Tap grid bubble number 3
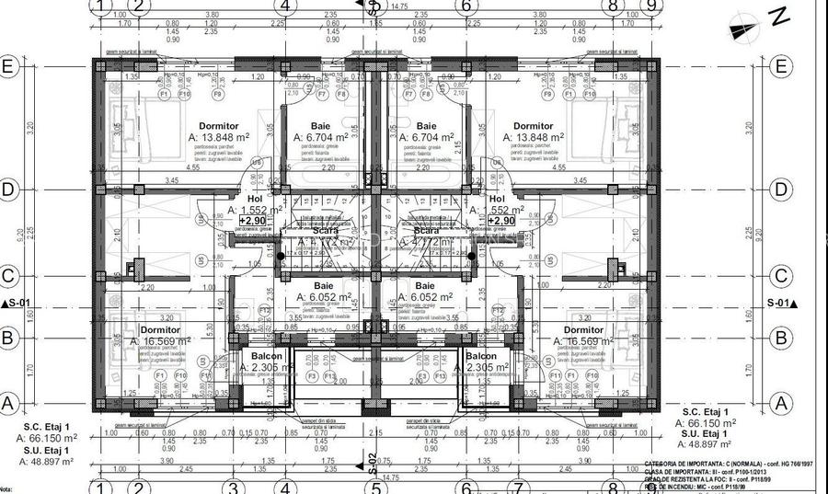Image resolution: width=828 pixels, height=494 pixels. pyautogui.click(x=234, y=487)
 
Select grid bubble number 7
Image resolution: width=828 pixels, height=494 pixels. pyautogui.click(x=518, y=487)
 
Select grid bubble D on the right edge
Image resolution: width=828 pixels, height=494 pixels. pyautogui.click(x=781, y=190)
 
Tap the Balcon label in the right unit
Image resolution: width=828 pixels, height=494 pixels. pyautogui.click(x=480, y=356)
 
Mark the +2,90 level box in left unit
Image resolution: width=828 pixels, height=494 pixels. pyautogui.click(x=252, y=222)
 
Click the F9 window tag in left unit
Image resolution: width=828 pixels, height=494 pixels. pyautogui.click(x=218, y=94)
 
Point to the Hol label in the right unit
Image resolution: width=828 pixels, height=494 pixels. pyautogui.click(x=497, y=199)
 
